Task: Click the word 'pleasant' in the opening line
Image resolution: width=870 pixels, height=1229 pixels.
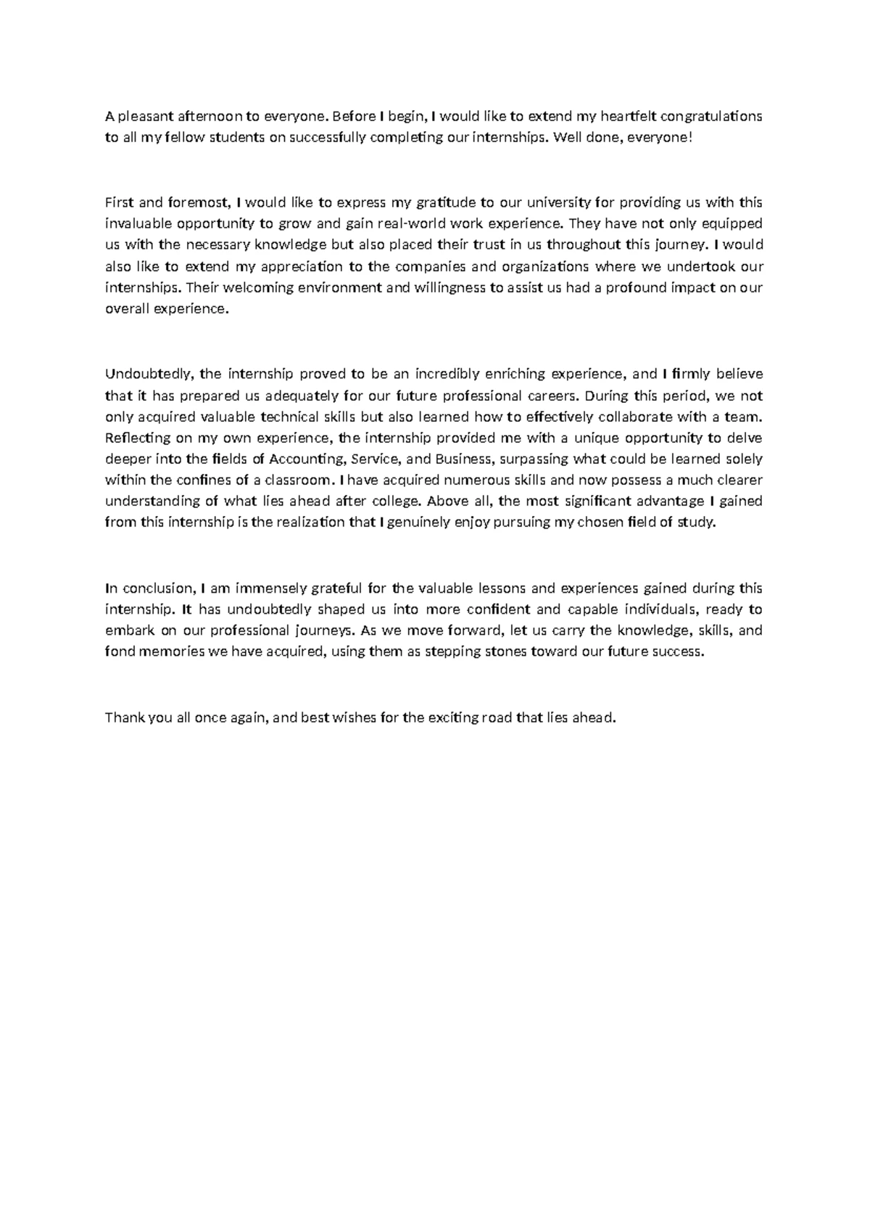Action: click(x=142, y=116)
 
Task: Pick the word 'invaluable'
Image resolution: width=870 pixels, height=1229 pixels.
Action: click(x=136, y=223)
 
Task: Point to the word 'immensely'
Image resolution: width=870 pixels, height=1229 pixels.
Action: click(x=260, y=588)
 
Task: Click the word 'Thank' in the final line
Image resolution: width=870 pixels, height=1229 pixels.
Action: click(x=123, y=717)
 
